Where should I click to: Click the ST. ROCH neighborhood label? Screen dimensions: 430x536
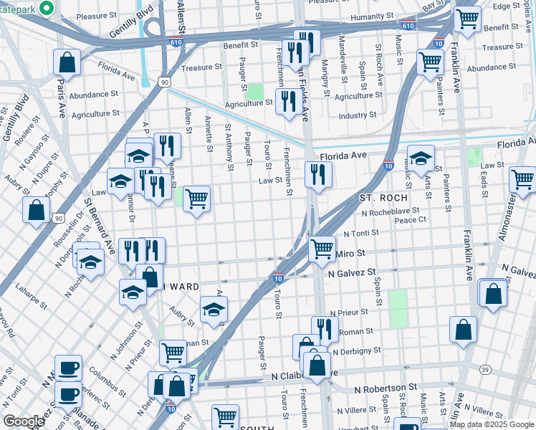coord(383,197)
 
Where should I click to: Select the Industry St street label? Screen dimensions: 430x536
coord(357,115)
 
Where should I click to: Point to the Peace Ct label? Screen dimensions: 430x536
coord(410,219)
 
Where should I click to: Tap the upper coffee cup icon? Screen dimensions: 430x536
coord(69,367)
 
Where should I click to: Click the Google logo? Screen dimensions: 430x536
coord(24,421)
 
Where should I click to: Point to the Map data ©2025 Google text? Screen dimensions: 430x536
coord(492,424)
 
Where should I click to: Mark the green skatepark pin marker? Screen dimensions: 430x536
coord(47,8)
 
